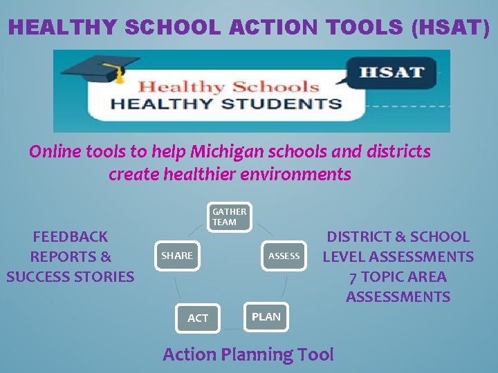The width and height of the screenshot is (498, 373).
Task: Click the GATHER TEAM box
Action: click(229, 217)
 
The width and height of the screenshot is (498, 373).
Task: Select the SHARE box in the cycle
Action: click(177, 256)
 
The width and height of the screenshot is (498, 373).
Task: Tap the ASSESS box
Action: click(284, 256)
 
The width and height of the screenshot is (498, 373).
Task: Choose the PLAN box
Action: click(266, 316)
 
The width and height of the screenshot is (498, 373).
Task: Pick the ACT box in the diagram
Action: click(198, 318)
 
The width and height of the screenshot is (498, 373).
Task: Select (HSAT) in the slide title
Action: click(450, 28)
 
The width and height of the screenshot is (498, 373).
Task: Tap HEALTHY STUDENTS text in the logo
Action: click(227, 104)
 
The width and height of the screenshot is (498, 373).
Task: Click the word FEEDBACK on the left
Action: click(71, 237)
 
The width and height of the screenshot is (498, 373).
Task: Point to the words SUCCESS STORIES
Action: click(71, 277)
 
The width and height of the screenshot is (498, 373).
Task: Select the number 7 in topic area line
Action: click(353, 277)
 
